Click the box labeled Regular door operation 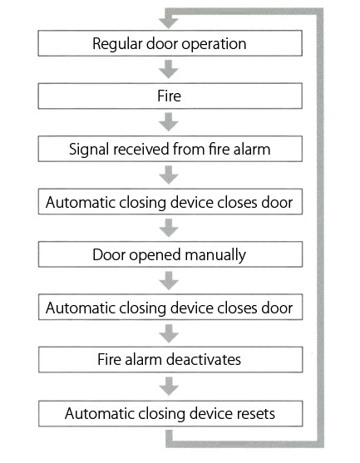coord(170,43)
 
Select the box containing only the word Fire coord(170,96)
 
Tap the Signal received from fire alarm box coord(170,149)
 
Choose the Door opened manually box coord(170,254)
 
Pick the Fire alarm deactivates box coord(170,360)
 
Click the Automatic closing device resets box coord(170,413)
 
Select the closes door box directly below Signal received coord(170,202)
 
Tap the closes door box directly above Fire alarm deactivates coord(170,307)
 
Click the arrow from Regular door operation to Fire coord(168,69)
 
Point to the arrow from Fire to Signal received coord(168,122)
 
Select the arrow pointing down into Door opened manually coord(169,228)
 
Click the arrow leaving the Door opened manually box coord(169,280)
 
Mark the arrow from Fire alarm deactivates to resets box coord(169,387)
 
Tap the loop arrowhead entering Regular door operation coord(168,23)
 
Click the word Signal coord(89,150)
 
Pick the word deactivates coord(204,360)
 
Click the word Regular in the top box coord(117,44)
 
